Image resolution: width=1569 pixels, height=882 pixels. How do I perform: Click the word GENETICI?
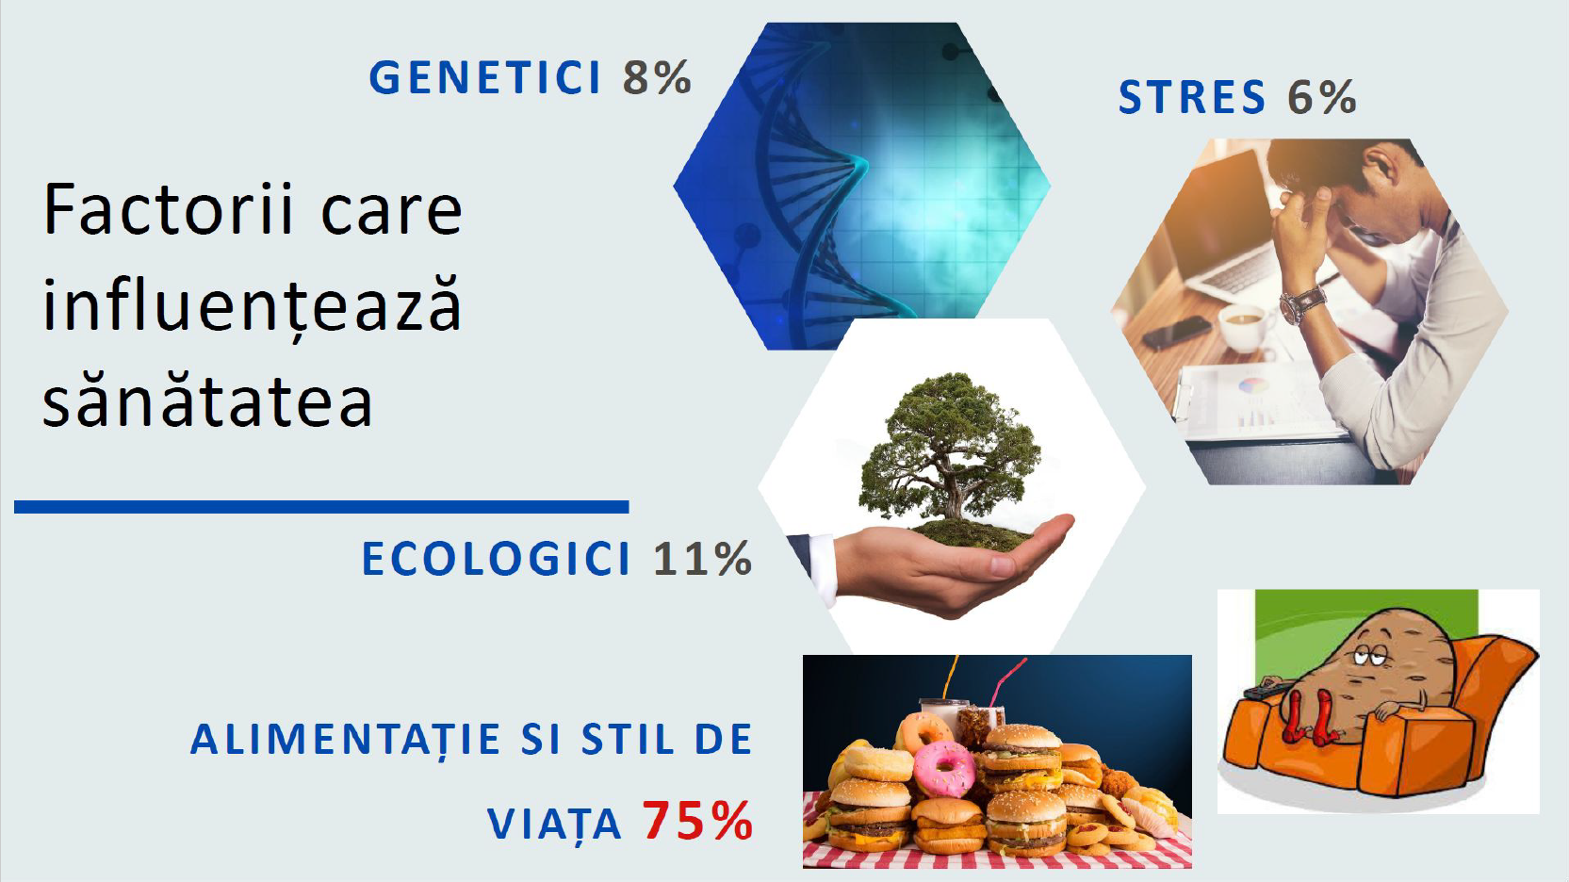pos(484,77)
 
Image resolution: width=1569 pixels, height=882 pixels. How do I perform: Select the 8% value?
pos(657,77)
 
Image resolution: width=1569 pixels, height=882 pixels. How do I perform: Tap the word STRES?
pos(1192,97)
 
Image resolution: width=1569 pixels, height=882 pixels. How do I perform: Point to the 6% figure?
pos(1322,97)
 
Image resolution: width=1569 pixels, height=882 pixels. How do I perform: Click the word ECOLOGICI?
pos(496,559)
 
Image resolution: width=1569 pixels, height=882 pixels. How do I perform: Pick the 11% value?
pos(703,559)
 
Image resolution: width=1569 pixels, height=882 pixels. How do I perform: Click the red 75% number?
pos(698,821)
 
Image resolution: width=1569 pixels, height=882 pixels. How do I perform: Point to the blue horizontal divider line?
pos(321,507)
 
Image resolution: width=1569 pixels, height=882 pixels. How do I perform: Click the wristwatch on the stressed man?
pos(1301,304)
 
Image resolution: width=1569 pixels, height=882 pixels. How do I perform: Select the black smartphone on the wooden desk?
pos(1176,333)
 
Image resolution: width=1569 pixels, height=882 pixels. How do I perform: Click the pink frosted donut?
pos(945,769)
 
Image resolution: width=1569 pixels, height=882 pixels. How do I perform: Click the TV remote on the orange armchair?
pos(1267,687)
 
